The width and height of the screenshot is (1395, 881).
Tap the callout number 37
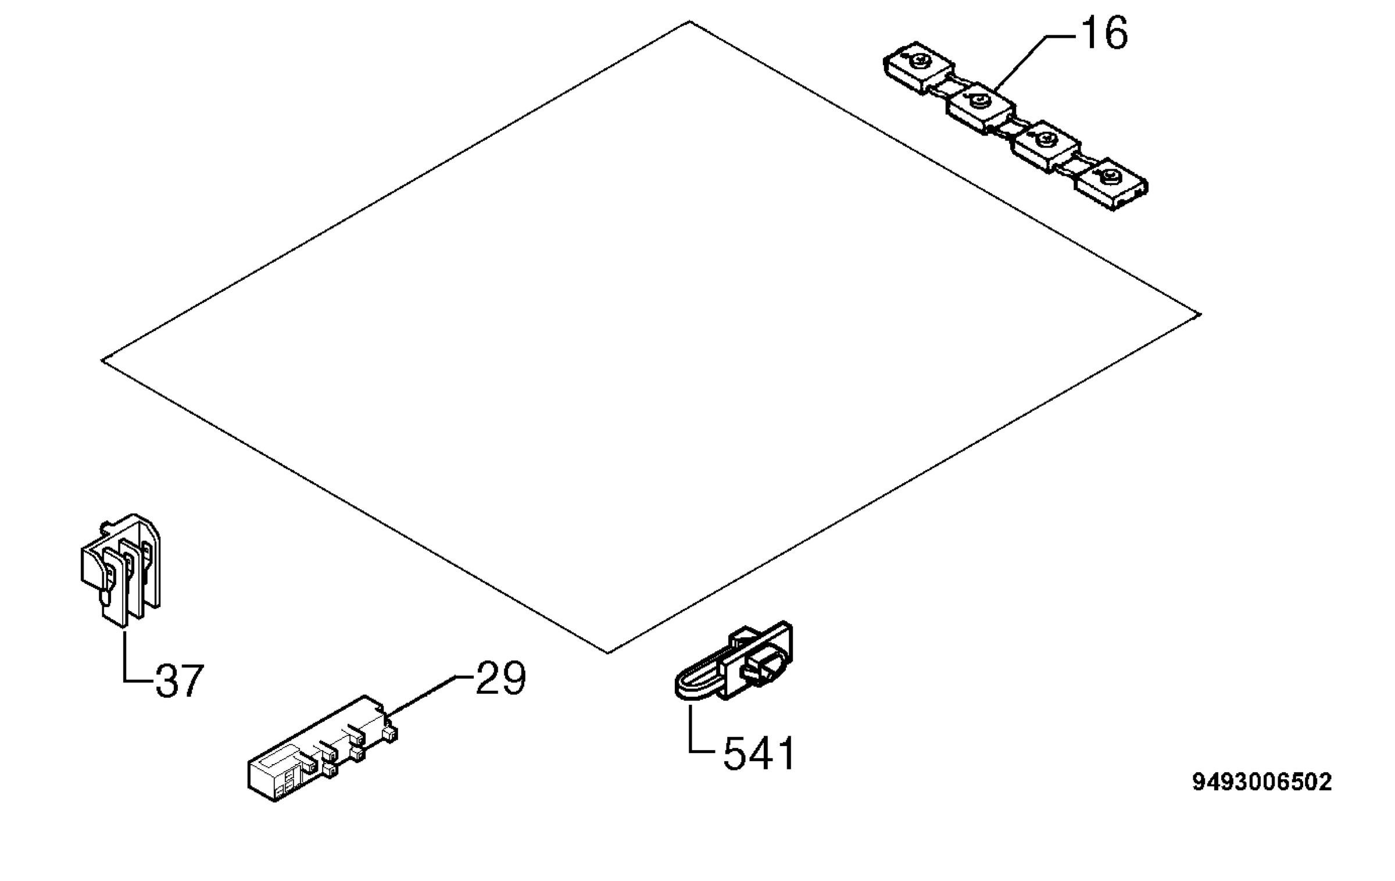click(x=180, y=680)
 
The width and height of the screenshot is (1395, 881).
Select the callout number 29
click(x=500, y=677)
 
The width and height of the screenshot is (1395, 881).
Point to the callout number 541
click(x=759, y=754)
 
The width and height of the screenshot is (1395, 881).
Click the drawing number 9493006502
click(x=1262, y=782)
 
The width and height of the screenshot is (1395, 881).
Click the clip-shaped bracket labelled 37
click(x=120, y=569)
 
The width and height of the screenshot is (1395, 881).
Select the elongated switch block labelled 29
click(x=323, y=748)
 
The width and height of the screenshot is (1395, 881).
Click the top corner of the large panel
click(x=689, y=22)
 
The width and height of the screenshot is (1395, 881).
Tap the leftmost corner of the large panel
click(x=102, y=361)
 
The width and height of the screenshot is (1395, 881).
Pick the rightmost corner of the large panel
click(x=1200, y=315)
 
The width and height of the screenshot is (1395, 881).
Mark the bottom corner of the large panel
click(x=607, y=653)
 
